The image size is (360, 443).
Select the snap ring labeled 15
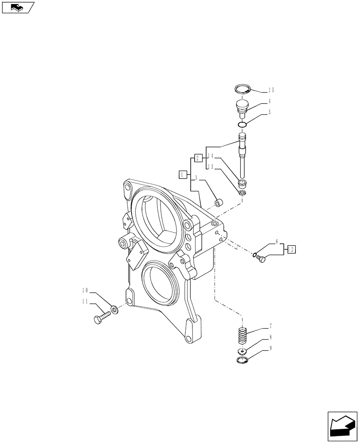pyautogui.click(x=243, y=89)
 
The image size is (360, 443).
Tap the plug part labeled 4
pyautogui.click(x=242, y=108)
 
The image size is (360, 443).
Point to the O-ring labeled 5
pyautogui.click(x=242, y=125)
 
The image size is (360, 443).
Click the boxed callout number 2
pyautogui.click(x=198, y=157)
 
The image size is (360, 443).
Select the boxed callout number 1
pyautogui.click(x=182, y=175)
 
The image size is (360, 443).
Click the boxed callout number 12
pyautogui.click(x=291, y=249)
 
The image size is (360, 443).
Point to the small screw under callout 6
pyautogui.click(x=261, y=259)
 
